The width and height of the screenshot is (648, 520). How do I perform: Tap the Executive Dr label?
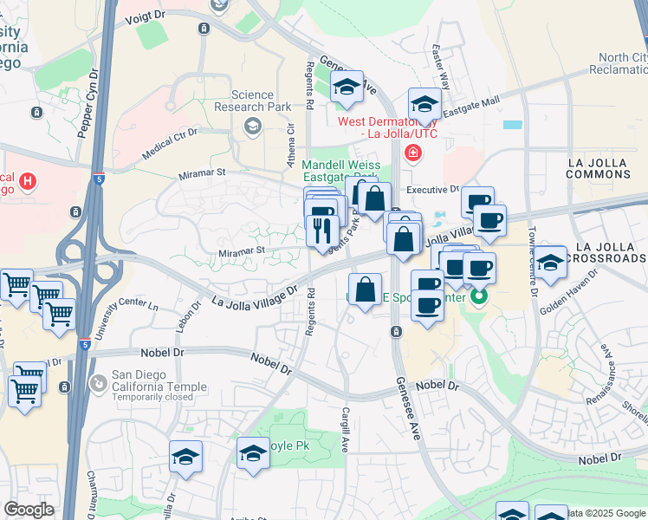[x=431, y=189]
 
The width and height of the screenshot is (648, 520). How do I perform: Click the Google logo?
[x=29, y=510]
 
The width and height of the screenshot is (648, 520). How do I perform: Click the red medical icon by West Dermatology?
[x=412, y=153]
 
